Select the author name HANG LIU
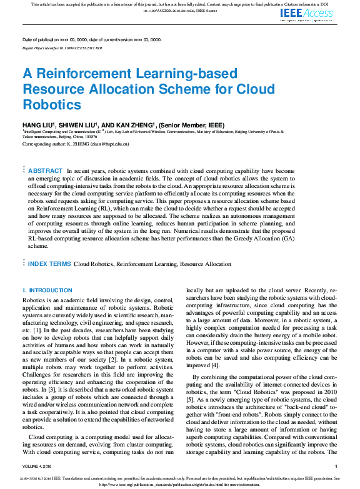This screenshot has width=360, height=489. [37, 126]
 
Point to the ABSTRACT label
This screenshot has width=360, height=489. [46, 170]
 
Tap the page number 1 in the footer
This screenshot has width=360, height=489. [336, 467]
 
